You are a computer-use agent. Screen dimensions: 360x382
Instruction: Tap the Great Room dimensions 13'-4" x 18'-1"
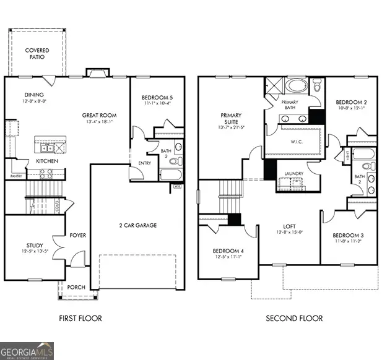pos(99,122)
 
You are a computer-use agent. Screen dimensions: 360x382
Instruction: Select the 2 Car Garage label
pos(137,225)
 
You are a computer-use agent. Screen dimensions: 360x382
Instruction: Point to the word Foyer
pos(77,234)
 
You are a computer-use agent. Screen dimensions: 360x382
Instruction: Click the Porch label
pos(76,286)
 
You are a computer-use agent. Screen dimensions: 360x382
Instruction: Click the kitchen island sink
pos(46,148)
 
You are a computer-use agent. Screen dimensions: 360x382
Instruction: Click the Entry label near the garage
pos(145,163)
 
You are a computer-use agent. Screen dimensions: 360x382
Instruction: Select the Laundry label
pos(293,173)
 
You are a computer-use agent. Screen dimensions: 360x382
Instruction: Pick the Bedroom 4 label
pos(227,251)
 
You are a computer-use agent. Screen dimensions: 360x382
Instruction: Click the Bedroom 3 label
pos(347,235)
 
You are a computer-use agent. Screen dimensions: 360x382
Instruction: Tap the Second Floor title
pos(293,319)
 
